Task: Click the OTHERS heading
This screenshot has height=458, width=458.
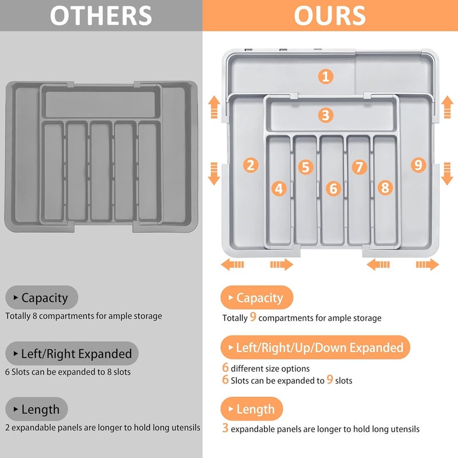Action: pyautogui.click(x=101, y=15)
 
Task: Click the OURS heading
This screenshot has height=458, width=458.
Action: pyautogui.click(x=330, y=15)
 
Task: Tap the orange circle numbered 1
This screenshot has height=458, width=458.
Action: pyautogui.click(x=326, y=76)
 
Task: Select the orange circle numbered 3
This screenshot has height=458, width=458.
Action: pyautogui.click(x=326, y=115)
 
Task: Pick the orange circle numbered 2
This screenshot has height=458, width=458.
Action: pyautogui.click(x=250, y=165)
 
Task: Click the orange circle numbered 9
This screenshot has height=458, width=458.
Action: pyautogui.click(x=418, y=165)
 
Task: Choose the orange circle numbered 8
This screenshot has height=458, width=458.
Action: pyautogui.click(x=385, y=187)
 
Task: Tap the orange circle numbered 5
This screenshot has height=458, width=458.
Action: pyautogui.click(x=306, y=167)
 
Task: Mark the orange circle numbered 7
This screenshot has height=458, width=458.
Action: pyautogui.click(x=359, y=167)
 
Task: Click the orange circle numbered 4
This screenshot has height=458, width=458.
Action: pyautogui.click(x=279, y=188)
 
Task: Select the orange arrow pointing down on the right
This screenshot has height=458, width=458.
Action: pyautogui.click(x=447, y=173)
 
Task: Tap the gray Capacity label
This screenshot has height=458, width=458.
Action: pyautogui.click(x=41, y=298)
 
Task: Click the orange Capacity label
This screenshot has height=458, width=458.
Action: pyautogui.click(x=256, y=298)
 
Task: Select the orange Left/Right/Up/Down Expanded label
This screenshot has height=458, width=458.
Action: pyautogui.click(x=315, y=348)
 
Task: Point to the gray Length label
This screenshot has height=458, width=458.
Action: pyautogui.click(x=37, y=409)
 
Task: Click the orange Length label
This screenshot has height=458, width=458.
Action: pyautogui.click(x=252, y=409)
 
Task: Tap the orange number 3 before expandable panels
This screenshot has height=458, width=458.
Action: pyautogui.click(x=225, y=428)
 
